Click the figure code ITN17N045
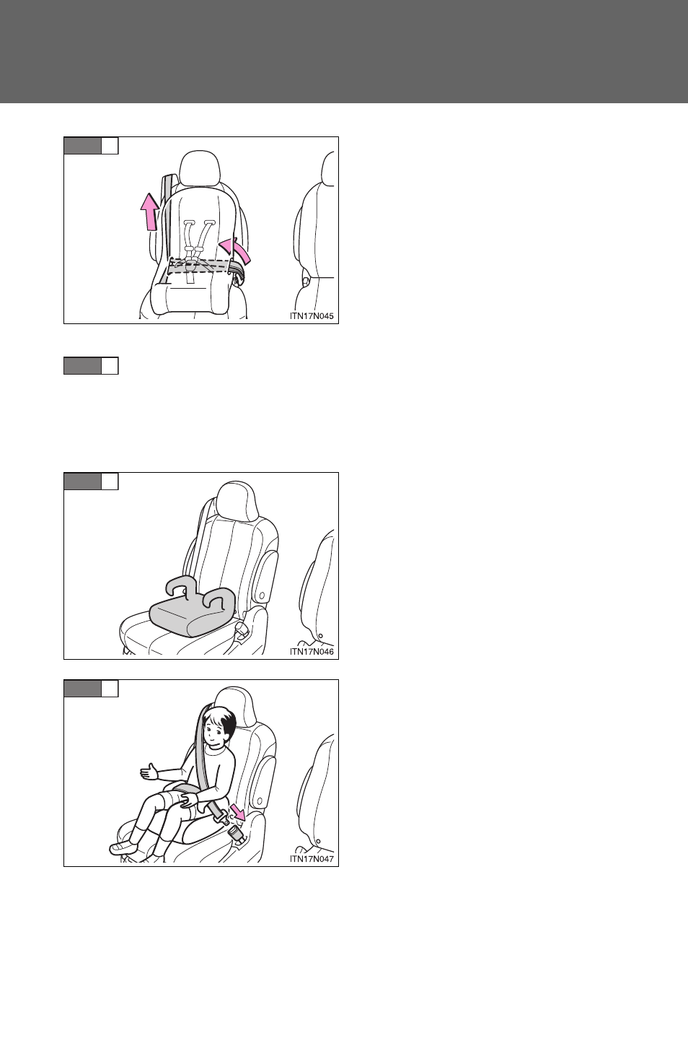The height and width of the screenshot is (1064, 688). pos(312,316)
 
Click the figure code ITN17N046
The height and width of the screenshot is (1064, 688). pos(312,652)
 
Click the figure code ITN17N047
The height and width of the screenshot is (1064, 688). pos(312,859)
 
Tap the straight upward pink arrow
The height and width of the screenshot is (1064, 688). pos(151,212)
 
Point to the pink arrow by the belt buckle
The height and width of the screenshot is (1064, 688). pos(238,812)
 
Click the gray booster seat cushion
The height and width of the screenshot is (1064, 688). pos(190,614)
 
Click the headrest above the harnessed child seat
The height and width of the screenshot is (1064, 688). pos(200,168)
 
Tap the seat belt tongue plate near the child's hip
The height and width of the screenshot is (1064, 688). pos(219,816)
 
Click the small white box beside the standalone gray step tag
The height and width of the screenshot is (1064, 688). pos(110,366)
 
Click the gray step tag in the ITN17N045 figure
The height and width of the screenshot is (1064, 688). pos(82,146)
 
